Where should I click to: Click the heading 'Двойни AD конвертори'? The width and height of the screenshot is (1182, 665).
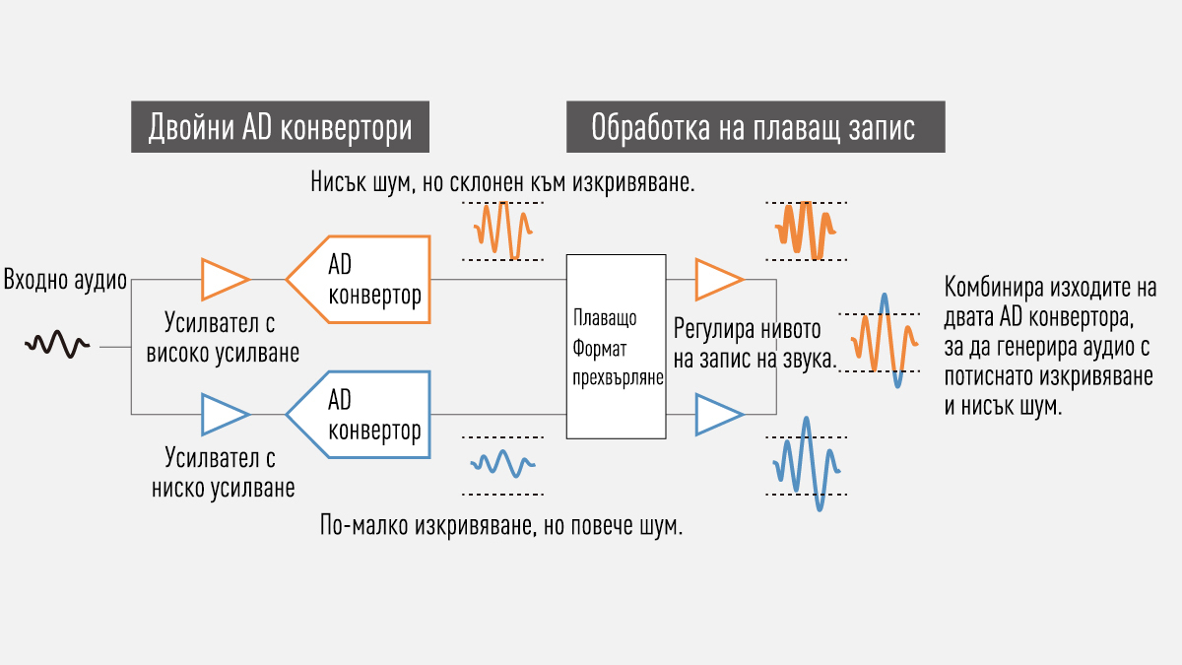click(x=281, y=127)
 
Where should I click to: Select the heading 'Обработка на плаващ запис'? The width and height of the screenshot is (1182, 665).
click(x=755, y=127)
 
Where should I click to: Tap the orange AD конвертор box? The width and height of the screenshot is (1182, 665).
click(x=364, y=280)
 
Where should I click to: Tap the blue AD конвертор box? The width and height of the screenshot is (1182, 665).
click(x=364, y=415)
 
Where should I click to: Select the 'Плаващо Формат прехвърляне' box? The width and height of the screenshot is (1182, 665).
click(x=616, y=347)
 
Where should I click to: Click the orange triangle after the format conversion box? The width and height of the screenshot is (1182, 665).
click(x=716, y=279)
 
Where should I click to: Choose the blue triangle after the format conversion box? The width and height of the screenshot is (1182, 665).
click(x=716, y=415)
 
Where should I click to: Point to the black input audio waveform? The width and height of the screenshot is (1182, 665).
click(x=59, y=344)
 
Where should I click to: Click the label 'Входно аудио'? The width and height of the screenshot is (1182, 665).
click(x=65, y=280)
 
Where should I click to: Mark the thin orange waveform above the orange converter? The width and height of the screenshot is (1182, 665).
click(x=503, y=231)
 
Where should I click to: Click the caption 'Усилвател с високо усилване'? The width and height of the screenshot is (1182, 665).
click(x=223, y=337)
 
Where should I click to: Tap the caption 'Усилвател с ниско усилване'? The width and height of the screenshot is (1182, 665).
click(x=223, y=473)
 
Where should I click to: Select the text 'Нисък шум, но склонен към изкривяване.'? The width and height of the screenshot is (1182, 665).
click(x=502, y=182)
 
